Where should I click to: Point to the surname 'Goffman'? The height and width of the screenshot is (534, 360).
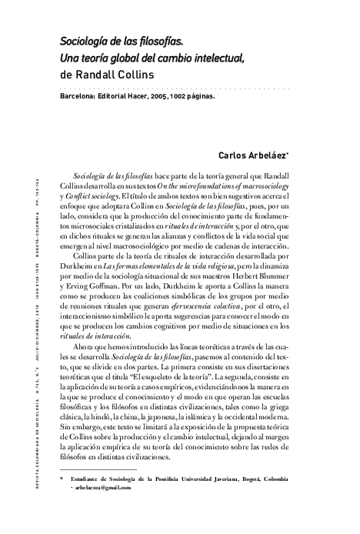point(98,282)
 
